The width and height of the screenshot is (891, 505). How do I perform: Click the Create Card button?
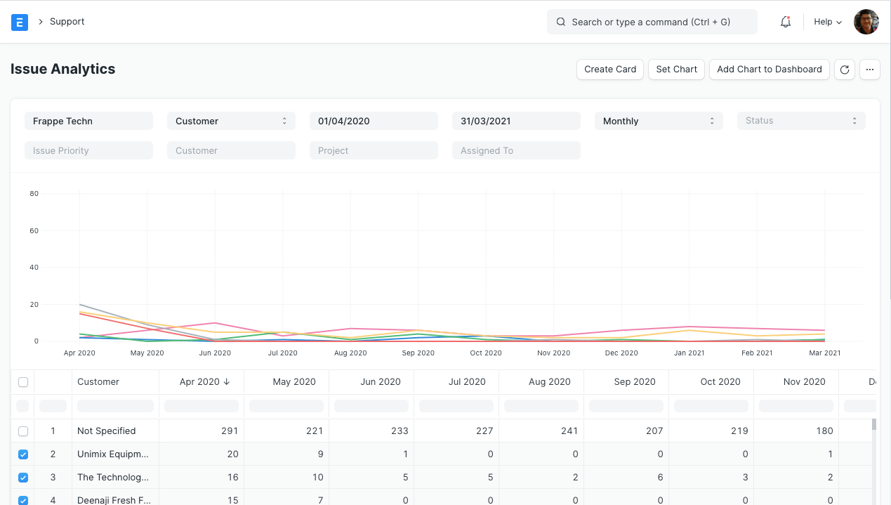(609, 70)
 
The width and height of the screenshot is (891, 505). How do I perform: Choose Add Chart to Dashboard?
(769, 70)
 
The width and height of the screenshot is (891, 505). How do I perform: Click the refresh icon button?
(845, 70)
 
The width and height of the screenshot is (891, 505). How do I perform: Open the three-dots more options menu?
(869, 70)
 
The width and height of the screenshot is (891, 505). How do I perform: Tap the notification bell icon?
(786, 22)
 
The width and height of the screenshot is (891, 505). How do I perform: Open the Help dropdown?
(827, 22)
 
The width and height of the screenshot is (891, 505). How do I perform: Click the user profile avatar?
(866, 22)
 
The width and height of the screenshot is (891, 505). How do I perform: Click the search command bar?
(652, 22)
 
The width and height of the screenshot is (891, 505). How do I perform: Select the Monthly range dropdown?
(658, 121)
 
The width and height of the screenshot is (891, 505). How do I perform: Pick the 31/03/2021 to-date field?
(516, 121)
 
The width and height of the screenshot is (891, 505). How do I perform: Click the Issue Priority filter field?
(88, 150)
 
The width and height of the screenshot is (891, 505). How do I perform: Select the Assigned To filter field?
(516, 150)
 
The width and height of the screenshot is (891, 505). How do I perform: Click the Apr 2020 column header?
(200, 382)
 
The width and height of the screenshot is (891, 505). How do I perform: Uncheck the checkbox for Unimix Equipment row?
(23, 454)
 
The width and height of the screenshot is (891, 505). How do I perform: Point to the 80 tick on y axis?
(34, 194)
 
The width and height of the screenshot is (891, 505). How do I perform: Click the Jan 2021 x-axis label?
(689, 353)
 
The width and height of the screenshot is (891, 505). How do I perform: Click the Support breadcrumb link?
(67, 22)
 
